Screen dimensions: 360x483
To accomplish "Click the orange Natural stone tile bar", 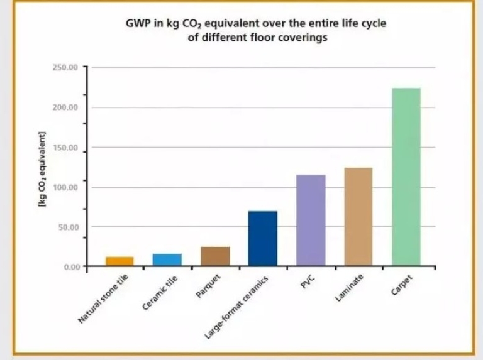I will (x=119, y=261).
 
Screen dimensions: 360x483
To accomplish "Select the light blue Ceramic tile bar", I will (x=167, y=259).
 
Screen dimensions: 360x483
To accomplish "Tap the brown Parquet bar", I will (x=215, y=256).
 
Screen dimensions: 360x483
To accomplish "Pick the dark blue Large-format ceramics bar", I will (x=263, y=238).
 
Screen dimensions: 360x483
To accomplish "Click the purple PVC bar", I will (x=311, y=220).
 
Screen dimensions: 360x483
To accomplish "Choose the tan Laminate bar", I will (x=358, y=216).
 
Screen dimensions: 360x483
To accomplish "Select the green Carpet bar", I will (x=406, y=177).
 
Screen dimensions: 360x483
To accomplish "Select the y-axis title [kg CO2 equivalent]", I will (x=42, y=170).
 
